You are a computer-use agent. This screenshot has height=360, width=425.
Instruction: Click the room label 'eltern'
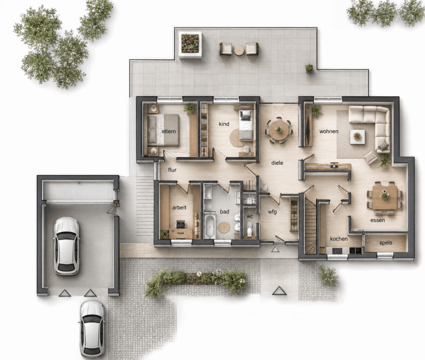pyautogui.click(x=169, y=131)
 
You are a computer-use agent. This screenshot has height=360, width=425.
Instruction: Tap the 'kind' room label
pyautogui.click(x=224, y=124)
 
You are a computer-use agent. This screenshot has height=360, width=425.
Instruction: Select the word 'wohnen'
pyautogui.click(x=329, y=131)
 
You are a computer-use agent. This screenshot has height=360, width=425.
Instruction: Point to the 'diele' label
pyautogui.click(x=277, y=163)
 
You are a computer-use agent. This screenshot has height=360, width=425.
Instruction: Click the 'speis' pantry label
pyautogui.click(x=385, y=243)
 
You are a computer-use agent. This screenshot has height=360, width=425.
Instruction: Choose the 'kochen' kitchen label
pyautogui.click(x=339, y=239)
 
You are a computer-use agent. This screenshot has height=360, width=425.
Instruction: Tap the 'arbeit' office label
pyautogui.click(x=179, y=208)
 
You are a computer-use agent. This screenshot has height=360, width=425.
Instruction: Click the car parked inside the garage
pyautogui.click(x=67, y=246)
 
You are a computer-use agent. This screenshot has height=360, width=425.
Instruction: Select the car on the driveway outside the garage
pyautogui.click(x=92, y=329)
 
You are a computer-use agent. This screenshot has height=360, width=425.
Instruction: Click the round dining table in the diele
pyautogui.click(x=279, y=130)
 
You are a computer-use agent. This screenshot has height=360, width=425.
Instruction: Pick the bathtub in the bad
pyautogui.click(x=210, y=226)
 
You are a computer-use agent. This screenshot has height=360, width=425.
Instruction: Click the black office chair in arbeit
pyautogui.click(x=180, y=224)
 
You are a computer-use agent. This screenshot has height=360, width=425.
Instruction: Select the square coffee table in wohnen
pyautogui.click(x=357, y=136)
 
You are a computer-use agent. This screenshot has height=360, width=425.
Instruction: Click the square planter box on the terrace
pyautogui.click(x=190, y=44)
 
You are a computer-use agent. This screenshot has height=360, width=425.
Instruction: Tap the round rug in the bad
pyautogui.click(x=224, y=227)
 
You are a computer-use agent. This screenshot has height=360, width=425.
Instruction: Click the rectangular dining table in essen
pyautogui.click(x=384, y=198)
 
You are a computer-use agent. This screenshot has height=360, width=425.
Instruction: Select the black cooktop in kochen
pyautogui.click(x=337, y=251)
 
